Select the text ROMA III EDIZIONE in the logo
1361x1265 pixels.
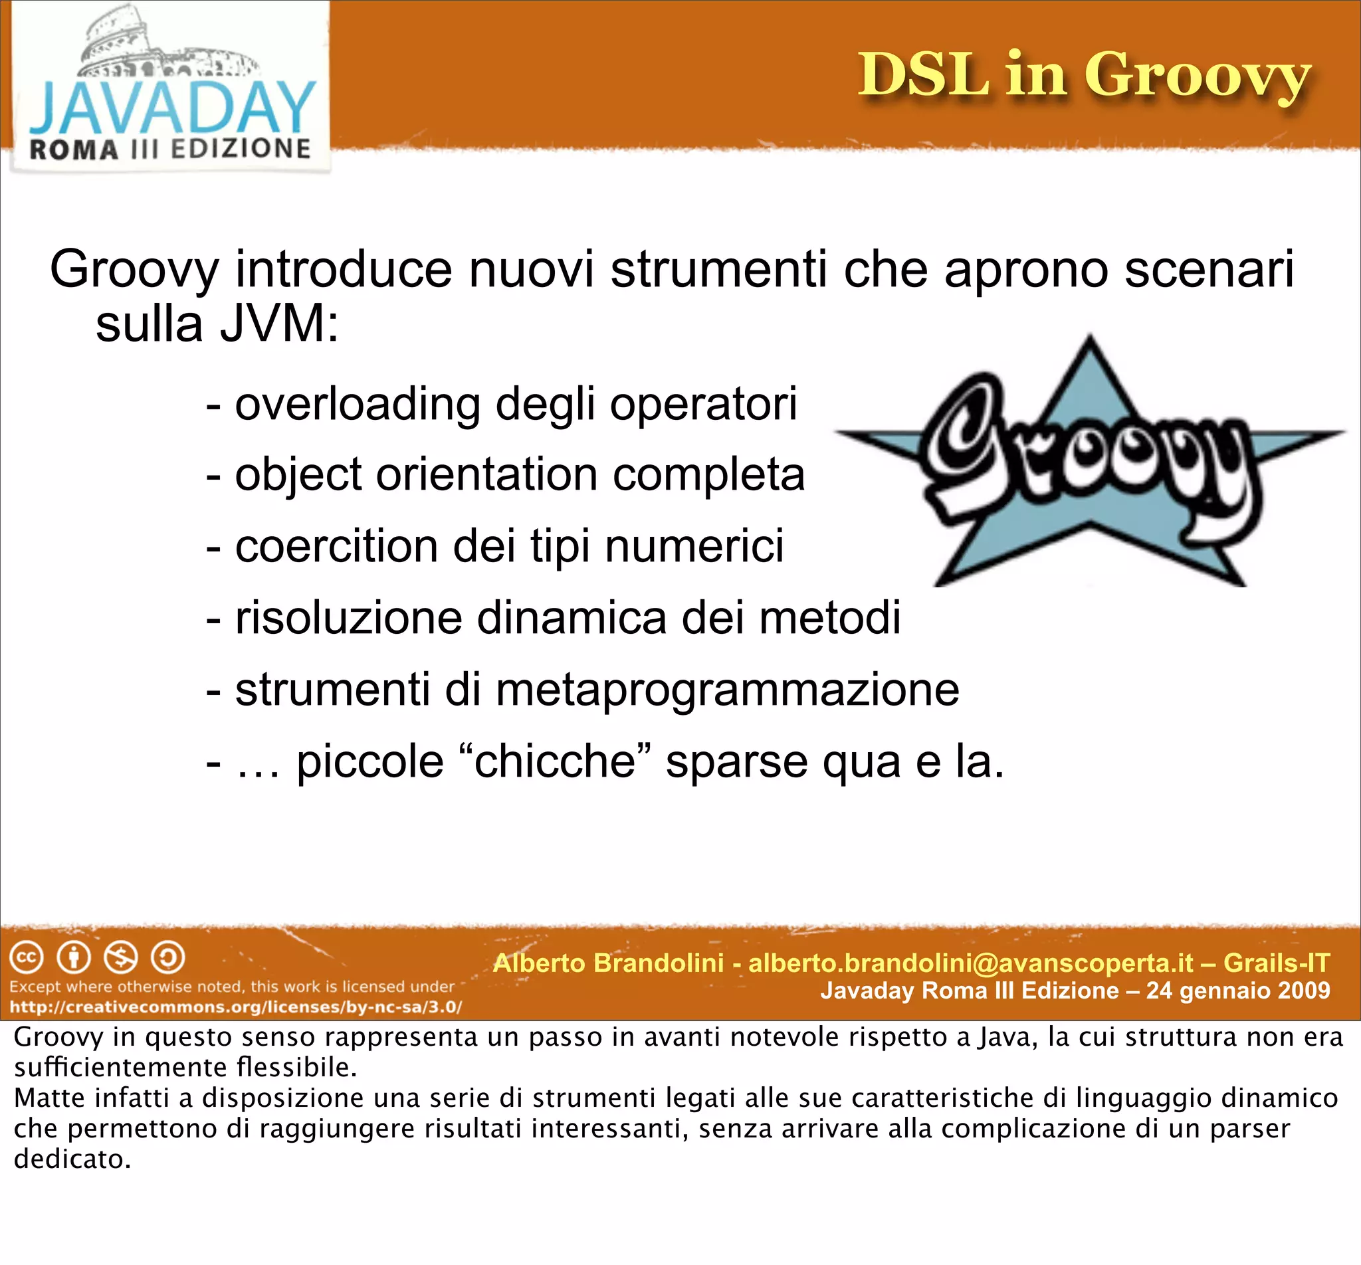click(x=169, y=149)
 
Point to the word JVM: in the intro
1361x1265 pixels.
click(x=278, y=324)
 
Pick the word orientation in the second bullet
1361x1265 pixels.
click(x=486, y=474)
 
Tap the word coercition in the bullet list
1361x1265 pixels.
click(x=336, y=546)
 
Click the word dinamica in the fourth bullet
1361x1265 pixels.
click(x=571, y=617)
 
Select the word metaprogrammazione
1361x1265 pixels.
click(x=727, y=690)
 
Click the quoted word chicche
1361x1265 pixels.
click(x=554, y=761)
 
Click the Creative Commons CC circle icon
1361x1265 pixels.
click(x=27, y=957)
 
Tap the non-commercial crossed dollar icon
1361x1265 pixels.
click(x=120, y=957)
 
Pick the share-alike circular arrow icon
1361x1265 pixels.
click(x=167, y=957)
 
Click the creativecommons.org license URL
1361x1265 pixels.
click(x=235, y=1007)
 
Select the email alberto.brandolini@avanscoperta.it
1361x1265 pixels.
click(x=971, y=963)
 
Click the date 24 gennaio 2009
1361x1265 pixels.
click(x=1238, y=991)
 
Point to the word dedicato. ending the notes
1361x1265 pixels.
click(x=72, y=1159)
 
